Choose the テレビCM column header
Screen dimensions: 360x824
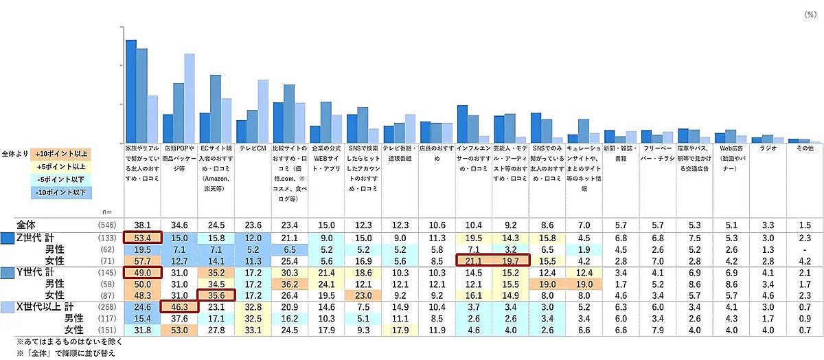coord(252,148)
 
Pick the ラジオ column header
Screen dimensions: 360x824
coord(766,148)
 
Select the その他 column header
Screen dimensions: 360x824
coord(803,148)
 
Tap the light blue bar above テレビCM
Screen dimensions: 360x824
coord(262,111)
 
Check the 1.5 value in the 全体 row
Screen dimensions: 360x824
coord(803,225)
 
